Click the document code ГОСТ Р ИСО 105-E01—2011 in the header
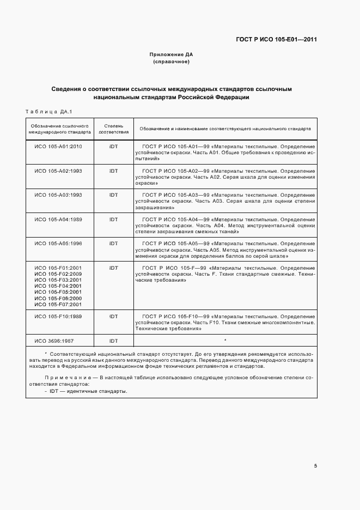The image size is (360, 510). point(277,39)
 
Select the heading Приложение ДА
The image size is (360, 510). point(171,54)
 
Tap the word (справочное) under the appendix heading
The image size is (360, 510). point(171,62)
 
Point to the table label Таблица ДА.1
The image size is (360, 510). point(48,112)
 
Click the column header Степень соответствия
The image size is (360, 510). point(113,129)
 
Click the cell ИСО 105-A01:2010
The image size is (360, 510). point(58,147)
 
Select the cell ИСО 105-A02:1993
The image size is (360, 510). point(58,171)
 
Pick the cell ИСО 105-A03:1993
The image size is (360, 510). point(58,195)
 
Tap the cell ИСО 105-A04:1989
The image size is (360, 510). point(58,219)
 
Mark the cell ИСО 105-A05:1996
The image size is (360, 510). point(58,244)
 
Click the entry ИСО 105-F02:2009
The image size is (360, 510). point(58,274)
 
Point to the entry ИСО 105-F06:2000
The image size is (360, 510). point(58,299)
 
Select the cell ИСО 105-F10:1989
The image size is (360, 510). point(58,317)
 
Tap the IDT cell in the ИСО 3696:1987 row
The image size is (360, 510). point(113,341)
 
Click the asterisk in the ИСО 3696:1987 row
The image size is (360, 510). point(225,341)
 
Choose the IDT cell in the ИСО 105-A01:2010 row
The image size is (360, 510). point(113,147)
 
